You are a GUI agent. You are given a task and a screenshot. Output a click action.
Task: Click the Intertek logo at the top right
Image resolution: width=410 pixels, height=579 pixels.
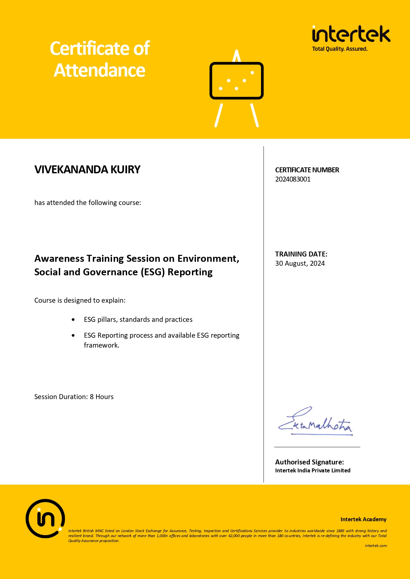[351, 34]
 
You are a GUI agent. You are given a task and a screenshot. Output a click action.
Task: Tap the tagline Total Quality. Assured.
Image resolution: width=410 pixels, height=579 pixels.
[340, 49]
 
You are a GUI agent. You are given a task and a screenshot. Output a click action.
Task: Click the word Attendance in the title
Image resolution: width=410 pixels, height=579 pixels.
[99, 71]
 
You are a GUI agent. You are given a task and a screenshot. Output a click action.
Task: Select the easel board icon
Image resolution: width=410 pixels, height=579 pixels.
[237, 81]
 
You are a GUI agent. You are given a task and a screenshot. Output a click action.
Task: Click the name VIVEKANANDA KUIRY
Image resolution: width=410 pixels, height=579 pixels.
[87, 170]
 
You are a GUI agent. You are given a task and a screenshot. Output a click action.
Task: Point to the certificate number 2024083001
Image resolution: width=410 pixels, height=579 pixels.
[293, 179]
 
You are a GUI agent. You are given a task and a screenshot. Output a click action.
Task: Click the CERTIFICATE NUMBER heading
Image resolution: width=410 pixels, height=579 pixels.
[307, 170]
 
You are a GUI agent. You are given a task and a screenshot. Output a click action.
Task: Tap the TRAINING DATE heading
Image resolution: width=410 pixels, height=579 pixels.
[301, 254]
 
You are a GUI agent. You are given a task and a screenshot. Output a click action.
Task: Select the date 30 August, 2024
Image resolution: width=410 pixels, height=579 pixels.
[300, 263]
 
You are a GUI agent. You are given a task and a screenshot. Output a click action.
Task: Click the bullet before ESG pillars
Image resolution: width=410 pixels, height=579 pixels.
[73, 320]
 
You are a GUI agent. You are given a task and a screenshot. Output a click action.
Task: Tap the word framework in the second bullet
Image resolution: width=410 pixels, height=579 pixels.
[101, 345]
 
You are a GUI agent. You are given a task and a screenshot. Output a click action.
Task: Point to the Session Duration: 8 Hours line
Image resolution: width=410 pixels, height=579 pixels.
[74, 397]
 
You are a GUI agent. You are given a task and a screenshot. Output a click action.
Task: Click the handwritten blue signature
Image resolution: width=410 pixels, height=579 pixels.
[316, 423]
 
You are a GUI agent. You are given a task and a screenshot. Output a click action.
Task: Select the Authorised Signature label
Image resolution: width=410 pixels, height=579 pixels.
[309, 462]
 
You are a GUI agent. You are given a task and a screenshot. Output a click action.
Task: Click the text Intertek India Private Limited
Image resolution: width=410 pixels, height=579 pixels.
[313, 470]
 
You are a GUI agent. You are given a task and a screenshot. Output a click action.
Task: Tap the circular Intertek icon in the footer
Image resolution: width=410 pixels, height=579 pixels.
[45, 519]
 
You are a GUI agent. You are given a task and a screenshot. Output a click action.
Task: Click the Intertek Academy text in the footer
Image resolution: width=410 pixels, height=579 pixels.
[363, 519]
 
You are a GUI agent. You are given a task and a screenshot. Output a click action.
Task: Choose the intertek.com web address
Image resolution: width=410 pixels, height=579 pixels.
[376, 546]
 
